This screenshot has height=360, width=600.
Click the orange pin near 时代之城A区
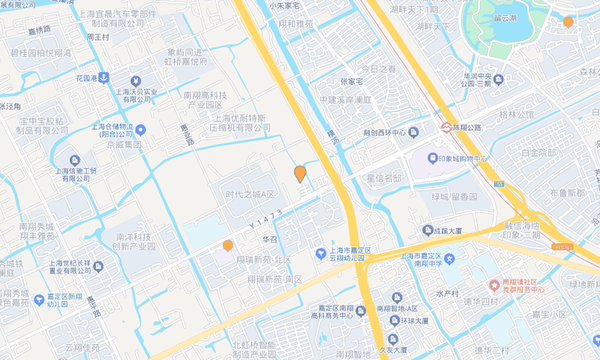pyautogui.click(x=300, y=174)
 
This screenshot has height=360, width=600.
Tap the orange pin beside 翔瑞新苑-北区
pyautogui.click(x=228, y=246)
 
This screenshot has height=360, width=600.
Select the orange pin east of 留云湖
pyautogui.click(x=568, y=22)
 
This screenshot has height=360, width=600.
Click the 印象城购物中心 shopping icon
pyautogui.click(x=433, y=158)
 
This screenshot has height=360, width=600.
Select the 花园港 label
pyautogui.click(x=86, y=78)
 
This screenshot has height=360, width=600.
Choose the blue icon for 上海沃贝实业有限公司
pyautogui.click(x=136, y=81)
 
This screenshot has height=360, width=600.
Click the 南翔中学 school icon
pyautogui.click(x=450, y=258)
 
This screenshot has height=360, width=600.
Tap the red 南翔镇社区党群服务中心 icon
pyautogui.click(x=494, y=284)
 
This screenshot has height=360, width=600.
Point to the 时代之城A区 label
pyautogui.click(x=250, y=194)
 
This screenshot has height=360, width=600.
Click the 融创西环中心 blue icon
pyautogui.click(x=413, y=132)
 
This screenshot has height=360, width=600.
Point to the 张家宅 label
pyautogui.click(x=352, y=82)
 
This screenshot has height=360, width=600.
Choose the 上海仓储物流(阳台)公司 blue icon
pyautogui.click(x=141, y=130)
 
